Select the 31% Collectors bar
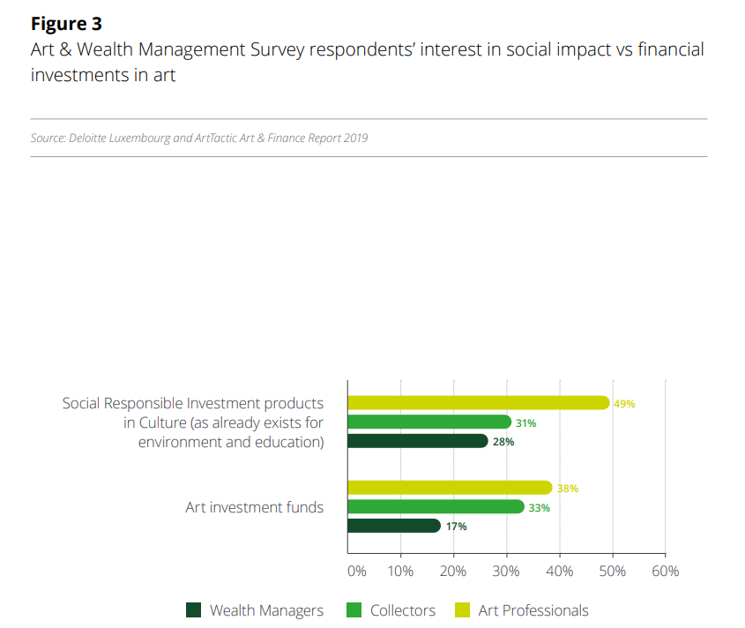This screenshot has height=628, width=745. (x=429, y=422)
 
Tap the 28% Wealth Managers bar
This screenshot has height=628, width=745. (x=418, y=441)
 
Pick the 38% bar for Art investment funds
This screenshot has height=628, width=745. (x=450, y=488)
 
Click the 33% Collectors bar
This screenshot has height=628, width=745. (x=436, y=507)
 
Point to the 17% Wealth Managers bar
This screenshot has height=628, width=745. (x=393, y=526)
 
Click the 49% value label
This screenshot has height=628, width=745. (x=624, y=404)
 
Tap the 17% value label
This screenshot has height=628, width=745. (x=456, y=527)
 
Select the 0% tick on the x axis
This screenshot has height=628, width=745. (x=356, y=571)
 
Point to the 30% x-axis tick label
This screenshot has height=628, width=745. (x=506, y=571)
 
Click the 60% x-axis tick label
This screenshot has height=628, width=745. (x=665, y=571)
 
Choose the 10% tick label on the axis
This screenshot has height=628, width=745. (x=400, y=571)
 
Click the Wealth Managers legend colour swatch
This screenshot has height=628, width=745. (x=194, y=610)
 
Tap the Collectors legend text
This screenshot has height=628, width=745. (x=403, y=610)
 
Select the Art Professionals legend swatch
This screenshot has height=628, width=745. (x=462, y=610)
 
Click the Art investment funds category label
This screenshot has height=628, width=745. (x=254, y=507)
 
